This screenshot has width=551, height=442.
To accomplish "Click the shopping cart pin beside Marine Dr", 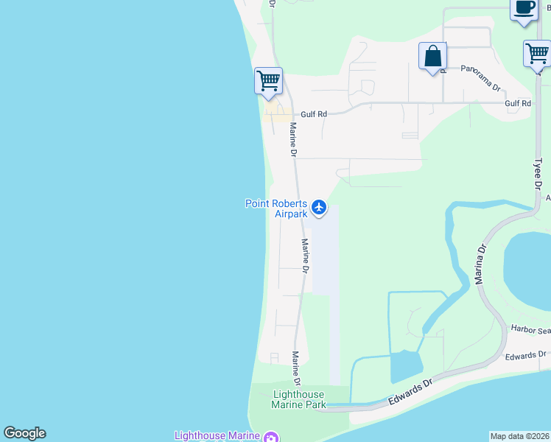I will pos(268,80).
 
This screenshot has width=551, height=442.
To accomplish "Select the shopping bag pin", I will pos(432,57).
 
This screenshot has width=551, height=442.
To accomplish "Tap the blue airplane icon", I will pos(319,208).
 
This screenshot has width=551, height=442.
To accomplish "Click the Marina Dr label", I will pos(481,263).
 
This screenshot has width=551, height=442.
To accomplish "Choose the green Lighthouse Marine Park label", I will pos(298,399).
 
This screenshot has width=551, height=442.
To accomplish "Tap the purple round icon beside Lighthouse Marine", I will pos(271,436).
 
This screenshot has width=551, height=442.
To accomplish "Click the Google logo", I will pos(24,433).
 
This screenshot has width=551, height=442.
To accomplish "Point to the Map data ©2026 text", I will pos(519,435).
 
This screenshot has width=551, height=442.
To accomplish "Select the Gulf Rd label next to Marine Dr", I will pos(313,114).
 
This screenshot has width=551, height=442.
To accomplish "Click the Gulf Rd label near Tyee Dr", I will pos(518,104).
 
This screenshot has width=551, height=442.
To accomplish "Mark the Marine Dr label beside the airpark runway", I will pos(304,253).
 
